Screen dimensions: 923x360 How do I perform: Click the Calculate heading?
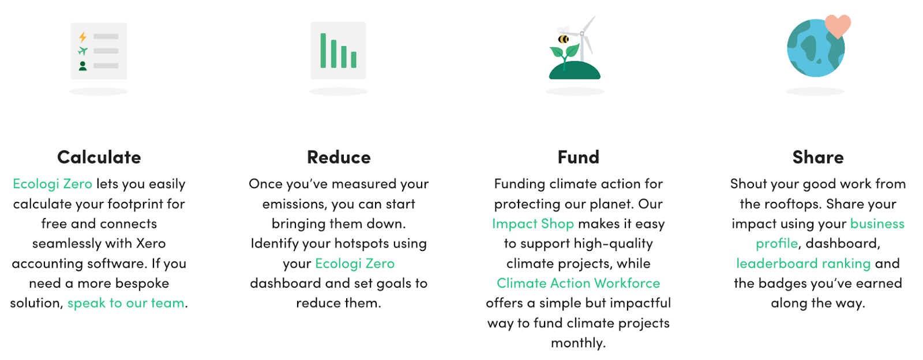99,157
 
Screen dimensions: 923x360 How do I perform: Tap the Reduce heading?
339,157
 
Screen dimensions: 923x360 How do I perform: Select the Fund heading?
578,157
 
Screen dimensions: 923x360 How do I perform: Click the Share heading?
818,157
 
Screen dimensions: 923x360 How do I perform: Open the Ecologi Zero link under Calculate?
52,183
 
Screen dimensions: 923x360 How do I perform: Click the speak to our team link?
126,303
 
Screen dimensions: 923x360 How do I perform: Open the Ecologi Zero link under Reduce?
355,263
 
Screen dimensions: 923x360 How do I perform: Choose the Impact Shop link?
533,223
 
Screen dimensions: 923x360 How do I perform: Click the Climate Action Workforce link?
578,283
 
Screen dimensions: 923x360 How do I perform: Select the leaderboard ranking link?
804,263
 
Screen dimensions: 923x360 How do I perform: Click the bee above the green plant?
563,39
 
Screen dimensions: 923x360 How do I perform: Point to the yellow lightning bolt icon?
83,37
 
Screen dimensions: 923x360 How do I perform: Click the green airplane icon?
83,51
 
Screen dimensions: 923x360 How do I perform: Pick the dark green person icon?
83,66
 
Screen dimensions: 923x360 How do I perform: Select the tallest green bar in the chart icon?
323,51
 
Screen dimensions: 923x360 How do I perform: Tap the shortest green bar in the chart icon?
354,60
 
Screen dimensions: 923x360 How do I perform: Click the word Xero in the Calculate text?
151,243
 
